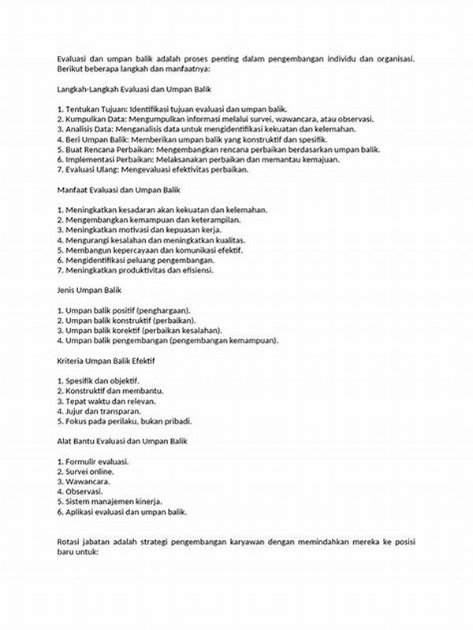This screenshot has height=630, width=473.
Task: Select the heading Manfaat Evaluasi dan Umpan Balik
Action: coord(118,190)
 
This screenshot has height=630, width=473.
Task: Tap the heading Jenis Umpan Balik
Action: coord(88,291)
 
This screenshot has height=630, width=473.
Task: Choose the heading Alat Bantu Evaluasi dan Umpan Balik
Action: coord(123,441)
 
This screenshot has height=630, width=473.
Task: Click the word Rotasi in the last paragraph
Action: coord(69,542)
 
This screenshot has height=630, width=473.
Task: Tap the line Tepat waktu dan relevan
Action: coord(102,400)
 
